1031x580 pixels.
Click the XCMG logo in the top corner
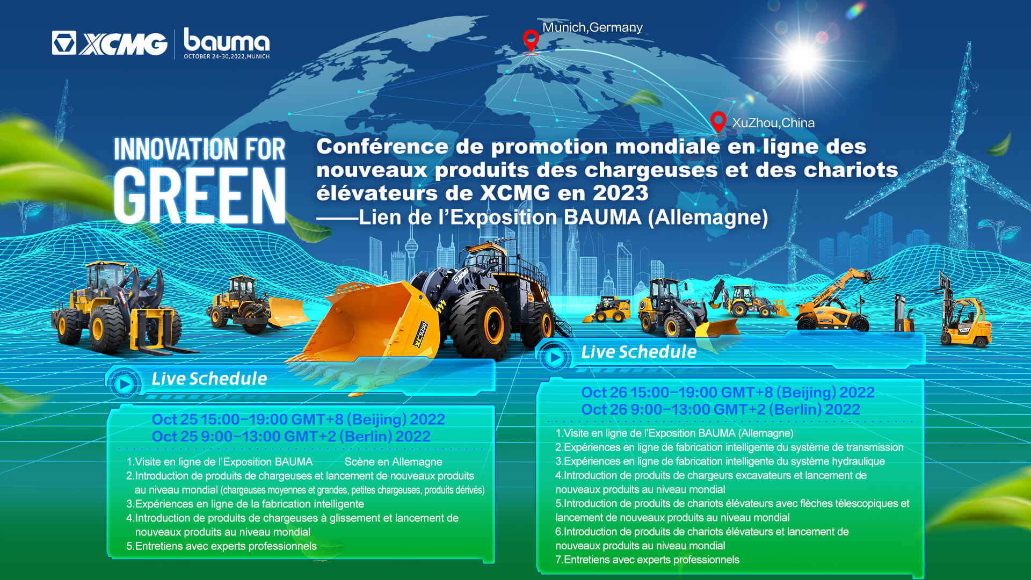(110, 43)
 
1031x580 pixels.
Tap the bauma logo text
(227, 40)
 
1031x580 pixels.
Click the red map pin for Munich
(531, 41)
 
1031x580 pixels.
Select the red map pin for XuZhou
(718, 122)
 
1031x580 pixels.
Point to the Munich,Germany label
(592, 27)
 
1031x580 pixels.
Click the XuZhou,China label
(773, 123)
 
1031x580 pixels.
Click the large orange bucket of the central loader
(371, 328)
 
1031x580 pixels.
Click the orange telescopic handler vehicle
(835, 303)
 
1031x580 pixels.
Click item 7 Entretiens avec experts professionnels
(647, 560)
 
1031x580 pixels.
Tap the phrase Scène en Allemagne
(393, 462)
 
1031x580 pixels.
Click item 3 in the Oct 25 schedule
(245, 504)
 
